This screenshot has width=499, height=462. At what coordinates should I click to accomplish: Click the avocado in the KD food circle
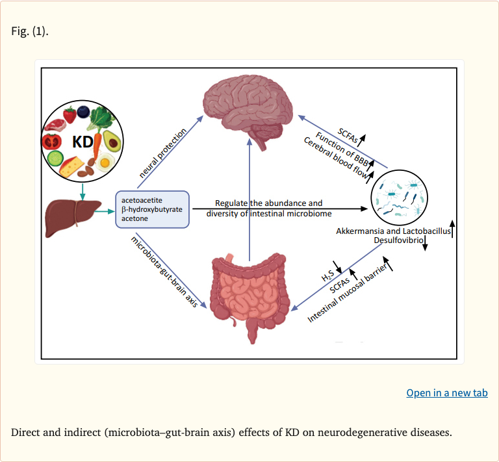coord(112,140)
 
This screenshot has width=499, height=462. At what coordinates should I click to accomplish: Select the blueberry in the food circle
coord(84,112)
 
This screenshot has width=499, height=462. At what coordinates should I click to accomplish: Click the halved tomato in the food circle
coord(51,140)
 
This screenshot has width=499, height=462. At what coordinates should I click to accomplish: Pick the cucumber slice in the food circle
coord(55,159)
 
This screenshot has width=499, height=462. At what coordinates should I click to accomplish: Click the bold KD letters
coord(83,140)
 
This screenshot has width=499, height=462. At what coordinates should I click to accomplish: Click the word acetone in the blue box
coord(134,219)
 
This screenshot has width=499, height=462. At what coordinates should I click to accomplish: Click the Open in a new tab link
coord(446,392)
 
